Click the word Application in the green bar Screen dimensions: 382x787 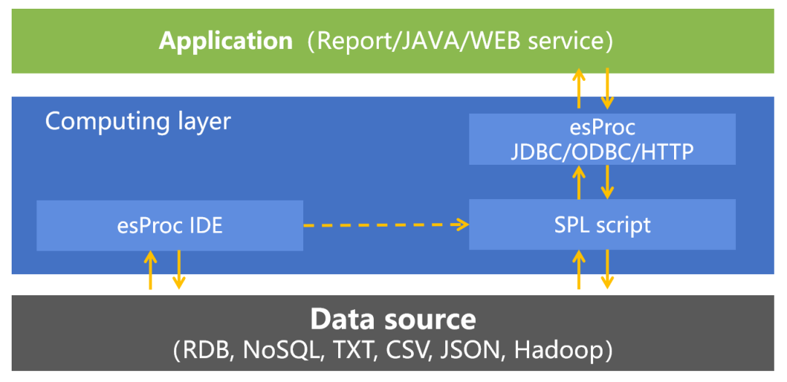[x=226, y=41]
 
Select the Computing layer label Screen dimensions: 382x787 [x=138, y=121]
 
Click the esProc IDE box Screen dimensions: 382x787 [x=170, y=225]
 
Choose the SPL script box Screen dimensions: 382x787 [x=602, y=225]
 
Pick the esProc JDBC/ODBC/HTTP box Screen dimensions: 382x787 [x=602, y=139]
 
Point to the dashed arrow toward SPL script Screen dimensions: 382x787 [x=385, y=225]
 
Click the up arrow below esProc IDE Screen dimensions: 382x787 [x=151, y=270]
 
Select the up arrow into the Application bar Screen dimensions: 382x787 [x=579, y=88]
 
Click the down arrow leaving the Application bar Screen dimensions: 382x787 [x=607, y=88]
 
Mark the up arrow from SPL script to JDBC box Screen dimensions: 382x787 [x=579, y=182]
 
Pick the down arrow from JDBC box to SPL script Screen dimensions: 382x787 [x=607, y=182]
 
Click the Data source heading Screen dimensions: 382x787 [x=393, y=319]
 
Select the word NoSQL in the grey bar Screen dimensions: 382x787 [x=282, y=351]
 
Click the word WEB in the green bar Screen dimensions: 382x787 [x=503, y=41]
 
